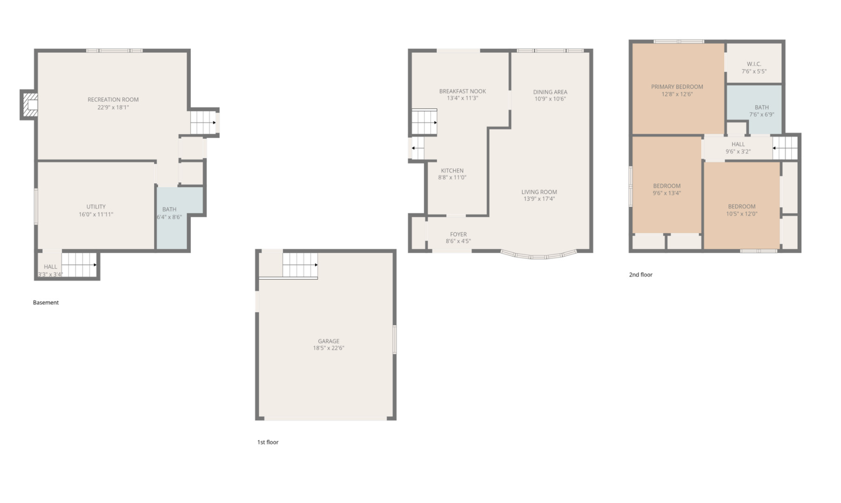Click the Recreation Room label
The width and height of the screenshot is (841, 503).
click(113, 100)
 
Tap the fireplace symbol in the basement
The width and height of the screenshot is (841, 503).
click(31, 105)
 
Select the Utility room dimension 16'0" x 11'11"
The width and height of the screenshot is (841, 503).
click(96, 215)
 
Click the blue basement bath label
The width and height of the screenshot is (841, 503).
click(169, 210)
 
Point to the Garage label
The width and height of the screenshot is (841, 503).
click(328, 341)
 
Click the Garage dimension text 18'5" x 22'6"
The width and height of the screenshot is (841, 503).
click(328, 348)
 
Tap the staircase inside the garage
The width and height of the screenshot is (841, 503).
click(300, 265)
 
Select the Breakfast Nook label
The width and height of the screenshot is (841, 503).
click(462, 91)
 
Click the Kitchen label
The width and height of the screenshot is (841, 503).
click(452, 171)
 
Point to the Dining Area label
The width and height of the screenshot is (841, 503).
click(550, 92)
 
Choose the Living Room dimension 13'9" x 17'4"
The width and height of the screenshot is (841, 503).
click(539, 199)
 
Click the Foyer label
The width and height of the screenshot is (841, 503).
click(458, 235)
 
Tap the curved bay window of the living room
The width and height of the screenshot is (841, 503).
click(539, 256)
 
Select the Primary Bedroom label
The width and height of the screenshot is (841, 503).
click(677, 87)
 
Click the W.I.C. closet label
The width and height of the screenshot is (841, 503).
click(754, 64)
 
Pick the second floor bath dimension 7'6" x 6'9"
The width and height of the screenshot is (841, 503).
click(761, 115)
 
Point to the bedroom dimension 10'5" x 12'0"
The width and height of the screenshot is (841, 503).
click(741, 214)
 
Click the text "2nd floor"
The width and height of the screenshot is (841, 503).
click(640, 275)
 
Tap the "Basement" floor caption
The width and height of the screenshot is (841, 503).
click(46, 303)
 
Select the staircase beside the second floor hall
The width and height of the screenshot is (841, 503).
click(786, 148)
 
